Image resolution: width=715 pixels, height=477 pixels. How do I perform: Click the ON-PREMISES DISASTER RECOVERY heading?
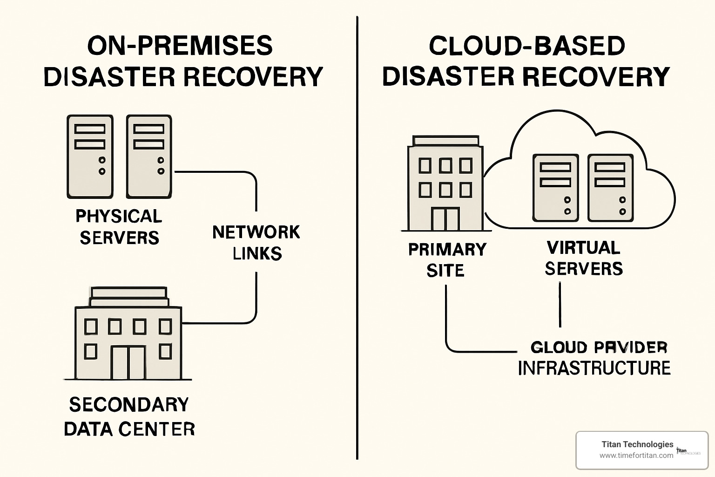pyautogui.click(x=182, y=61)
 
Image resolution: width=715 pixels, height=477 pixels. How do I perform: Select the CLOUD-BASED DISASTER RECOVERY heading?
pyautogui.click(x=526, y=61)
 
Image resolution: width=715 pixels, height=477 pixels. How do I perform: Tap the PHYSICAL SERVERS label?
pyautogui.click(x=119, y=227)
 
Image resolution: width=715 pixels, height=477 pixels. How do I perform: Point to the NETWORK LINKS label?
pyautogui.click(x=256, y=243)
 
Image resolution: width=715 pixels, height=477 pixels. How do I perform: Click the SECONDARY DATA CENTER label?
pyautogui.click(x=129, y=416)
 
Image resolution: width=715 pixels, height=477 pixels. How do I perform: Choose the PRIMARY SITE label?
pyautogui.click(x=447, y=260)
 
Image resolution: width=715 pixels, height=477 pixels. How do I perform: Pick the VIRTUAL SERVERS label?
pyautogui.click(x=584, y=258)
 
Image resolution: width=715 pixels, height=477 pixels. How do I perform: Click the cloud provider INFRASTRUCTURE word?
pyautogui.click(x=594, y=368)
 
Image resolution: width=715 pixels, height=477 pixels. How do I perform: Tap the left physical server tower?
pyautogui.click(x=90, y=157)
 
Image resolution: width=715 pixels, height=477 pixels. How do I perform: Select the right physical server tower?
pyautogui.click(x=149, y=157)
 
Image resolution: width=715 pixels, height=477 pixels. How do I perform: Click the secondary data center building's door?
pyautogui.click(x=128, y=362)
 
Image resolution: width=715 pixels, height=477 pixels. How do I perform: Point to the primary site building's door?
pyautogui.click(x=445, y=219)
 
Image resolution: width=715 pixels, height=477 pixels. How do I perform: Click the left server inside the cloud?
pyautogui.click(x=555, y=188)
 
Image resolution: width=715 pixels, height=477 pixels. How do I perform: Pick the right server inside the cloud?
pyautogui.click(x=611, y=188)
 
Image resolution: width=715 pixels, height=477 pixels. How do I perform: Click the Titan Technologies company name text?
pyautogui.click(x=637, y=444)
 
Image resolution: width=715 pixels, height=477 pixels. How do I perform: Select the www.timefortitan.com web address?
pyautogui.click(x=636, y=456)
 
